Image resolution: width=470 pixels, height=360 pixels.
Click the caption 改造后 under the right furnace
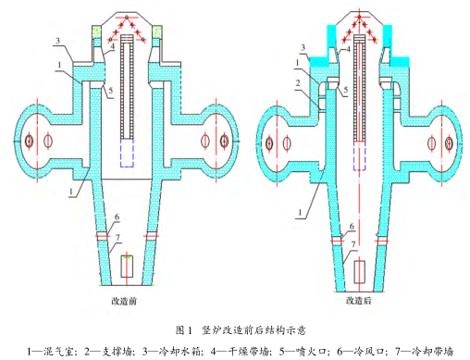(355, 301)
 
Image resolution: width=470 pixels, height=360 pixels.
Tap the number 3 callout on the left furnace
(57, 42)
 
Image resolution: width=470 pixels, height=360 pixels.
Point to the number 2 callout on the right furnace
(298, 82)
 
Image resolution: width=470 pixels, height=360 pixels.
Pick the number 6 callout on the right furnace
(352, 225)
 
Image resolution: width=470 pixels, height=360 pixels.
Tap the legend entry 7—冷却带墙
(429, 351)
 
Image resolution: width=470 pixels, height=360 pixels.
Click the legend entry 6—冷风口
(369, 351)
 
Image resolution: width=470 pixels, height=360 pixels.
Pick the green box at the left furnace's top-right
(158, 33)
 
